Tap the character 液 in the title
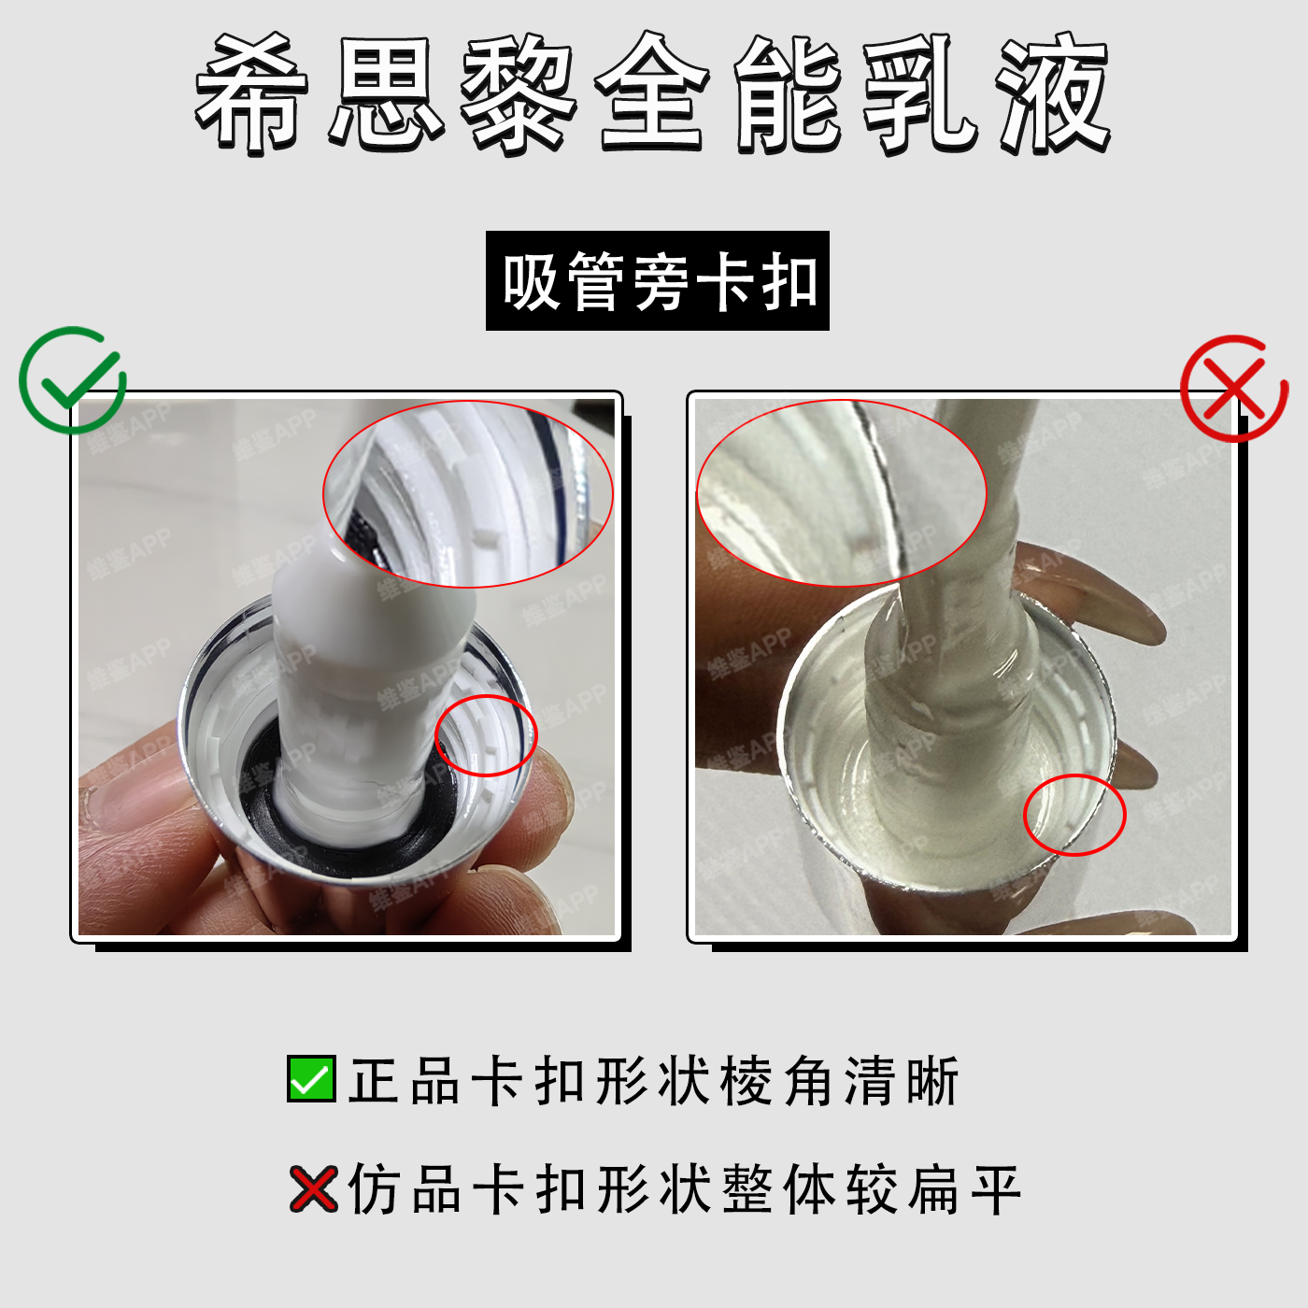click(1054, 93)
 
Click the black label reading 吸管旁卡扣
click(657, 280)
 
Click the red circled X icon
click(1234, 389)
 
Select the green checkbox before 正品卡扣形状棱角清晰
click(311, 1078)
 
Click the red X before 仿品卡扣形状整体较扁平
click(313, 1188)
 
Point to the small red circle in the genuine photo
click(486, 736)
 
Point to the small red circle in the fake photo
click(1074, 815)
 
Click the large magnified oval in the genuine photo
click(468, 493)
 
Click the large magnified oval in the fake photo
click(842, 493)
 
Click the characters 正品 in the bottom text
click(404, 1079)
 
